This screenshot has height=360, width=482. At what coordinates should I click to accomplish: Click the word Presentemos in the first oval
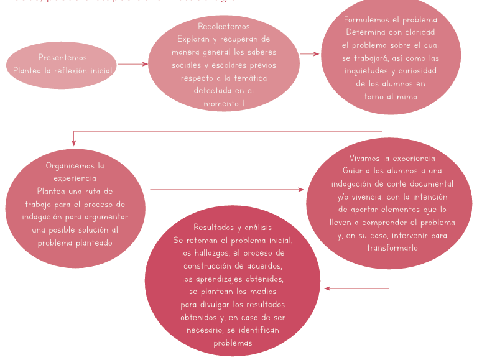(62, 58)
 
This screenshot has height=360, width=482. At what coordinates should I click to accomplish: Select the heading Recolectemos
(224, 27)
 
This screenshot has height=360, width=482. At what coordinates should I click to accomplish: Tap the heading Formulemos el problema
(391, 20)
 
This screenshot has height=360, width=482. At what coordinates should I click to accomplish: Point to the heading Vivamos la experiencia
(392, 159)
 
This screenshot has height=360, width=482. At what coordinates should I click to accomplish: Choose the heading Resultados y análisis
(233, 228)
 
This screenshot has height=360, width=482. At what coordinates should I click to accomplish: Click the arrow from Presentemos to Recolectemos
(132, 64)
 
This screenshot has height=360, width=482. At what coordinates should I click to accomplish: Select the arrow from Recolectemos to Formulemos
(309, 54)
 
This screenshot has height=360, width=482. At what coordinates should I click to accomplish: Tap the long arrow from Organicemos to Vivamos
(227, 190)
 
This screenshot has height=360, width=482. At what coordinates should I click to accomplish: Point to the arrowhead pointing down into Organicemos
(74, 142)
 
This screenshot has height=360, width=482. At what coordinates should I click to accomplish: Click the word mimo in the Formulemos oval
(407, 97)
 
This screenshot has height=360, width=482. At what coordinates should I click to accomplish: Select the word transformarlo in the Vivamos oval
(392, 248)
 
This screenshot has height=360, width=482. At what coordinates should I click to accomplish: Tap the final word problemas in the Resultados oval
(233, 343)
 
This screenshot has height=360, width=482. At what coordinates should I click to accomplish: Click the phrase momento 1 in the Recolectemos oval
(224, 104)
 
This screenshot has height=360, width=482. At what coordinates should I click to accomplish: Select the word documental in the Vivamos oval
(430, 184)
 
